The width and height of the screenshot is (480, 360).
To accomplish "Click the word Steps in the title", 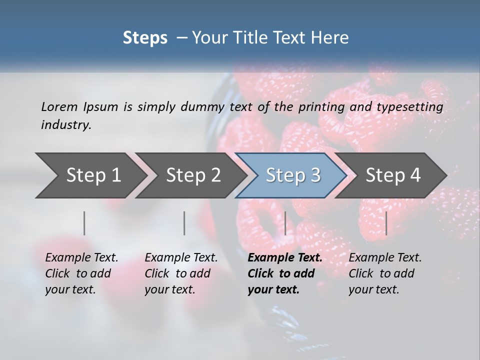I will click(x=145, y=38).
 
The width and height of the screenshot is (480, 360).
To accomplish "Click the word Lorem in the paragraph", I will click(x=59, y=106).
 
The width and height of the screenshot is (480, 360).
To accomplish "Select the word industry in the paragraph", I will click(x=66, y=125).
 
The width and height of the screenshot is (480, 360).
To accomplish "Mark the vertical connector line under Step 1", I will click(x=84, y=223).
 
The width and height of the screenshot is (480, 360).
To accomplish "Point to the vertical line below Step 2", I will click(x=184, y=223).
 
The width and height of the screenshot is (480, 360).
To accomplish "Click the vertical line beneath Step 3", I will click(x=285, y=223).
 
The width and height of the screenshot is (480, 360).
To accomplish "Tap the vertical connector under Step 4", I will click(x=386, y=223).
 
